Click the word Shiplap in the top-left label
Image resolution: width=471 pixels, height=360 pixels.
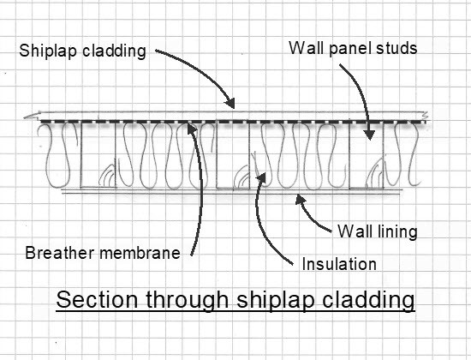coord(48,51)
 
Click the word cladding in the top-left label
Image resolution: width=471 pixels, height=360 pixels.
coord(114,51)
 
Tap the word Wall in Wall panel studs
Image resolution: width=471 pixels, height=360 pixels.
coord(307,47)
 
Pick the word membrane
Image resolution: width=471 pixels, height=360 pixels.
coord(140,253)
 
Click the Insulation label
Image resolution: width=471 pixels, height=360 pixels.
coord(339,264)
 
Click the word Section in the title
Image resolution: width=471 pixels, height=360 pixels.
coord(97,299)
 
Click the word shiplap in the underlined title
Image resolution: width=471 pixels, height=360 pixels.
coord(276,300)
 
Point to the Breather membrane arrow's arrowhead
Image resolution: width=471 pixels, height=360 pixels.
coord(191,128)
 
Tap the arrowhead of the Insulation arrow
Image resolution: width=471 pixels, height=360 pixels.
coord(261,177)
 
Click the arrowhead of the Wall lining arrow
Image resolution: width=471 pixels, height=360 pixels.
coord(300,199)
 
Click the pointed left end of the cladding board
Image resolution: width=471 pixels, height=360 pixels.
coord(25,117)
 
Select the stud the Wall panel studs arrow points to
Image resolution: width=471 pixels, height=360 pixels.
coord(367,155)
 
